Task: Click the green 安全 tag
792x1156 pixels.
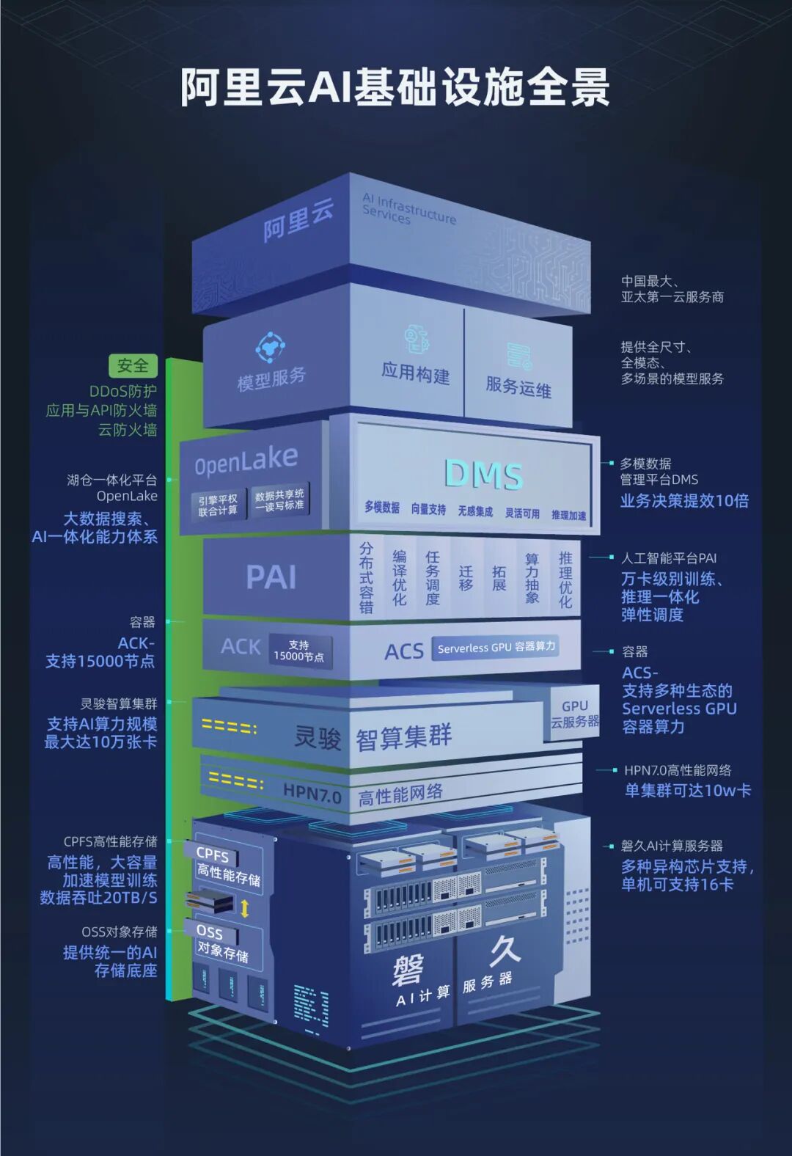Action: [133, 365]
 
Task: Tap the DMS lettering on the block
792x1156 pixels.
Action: [483, 474]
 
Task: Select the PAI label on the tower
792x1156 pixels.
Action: [271, 577]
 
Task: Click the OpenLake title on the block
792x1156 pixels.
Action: [246, 461]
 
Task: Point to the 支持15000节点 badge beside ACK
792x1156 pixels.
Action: [298, 651]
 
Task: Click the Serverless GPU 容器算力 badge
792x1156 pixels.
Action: [496, 647]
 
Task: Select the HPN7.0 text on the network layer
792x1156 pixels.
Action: [312, 793]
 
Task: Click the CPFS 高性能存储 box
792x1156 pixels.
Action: [227, 866]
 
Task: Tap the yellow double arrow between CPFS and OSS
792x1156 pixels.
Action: [245, 908]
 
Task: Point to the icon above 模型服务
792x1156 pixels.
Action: [270, 346]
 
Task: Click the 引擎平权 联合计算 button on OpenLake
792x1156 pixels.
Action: [218, 505]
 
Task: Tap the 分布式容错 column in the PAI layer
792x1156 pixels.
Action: [366, 577]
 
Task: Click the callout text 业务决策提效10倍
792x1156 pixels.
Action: [684, 501]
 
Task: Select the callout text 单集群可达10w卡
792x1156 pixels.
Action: [687, 791]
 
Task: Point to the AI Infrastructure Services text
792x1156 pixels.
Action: [408, 209]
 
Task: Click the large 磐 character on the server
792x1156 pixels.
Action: [408, 971]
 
